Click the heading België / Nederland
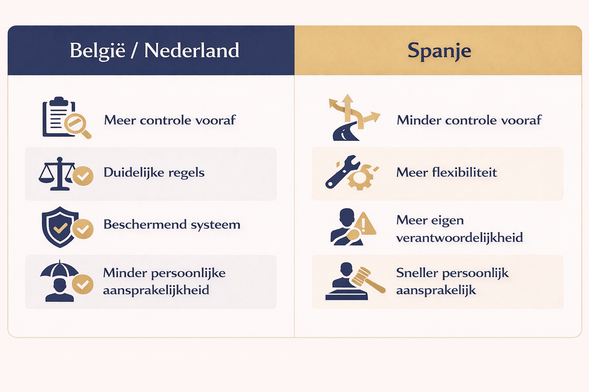point(154,51)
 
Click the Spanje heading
point(439,51)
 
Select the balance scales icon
point(57,174)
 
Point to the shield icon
point(59,226)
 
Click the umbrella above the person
point(59,270)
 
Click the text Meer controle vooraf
point(170,120)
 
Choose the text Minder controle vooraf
point(469,120)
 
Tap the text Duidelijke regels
point(154,172)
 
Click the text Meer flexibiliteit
point(446,172)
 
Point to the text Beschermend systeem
point(172,224)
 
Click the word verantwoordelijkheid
point(459,238)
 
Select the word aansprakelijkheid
point(156,290)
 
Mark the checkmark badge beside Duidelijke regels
point(83,176)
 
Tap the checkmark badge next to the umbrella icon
point(83,284)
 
